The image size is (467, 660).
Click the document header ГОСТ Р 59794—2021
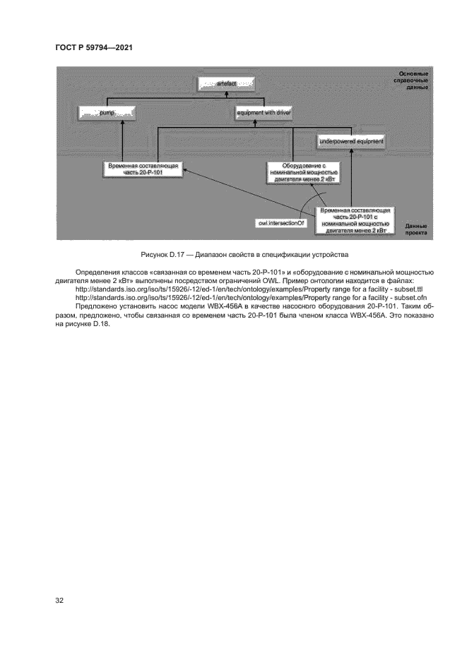point(93,47)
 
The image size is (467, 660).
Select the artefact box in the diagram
point(225,84)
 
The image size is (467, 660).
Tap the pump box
point(107,112)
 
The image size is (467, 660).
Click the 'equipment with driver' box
point(264,112)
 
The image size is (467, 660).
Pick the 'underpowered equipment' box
point(351,141)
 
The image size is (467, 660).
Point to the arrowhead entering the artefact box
point(225,92)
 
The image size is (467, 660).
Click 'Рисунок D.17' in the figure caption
point(163,254)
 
